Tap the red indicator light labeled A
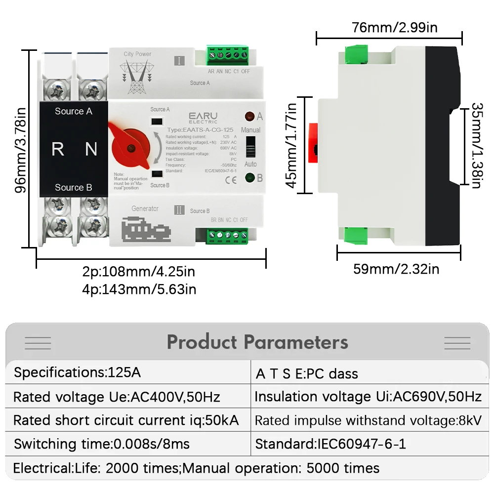(249, 117)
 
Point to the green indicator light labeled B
(249, 178)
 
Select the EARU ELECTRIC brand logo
(203, 117)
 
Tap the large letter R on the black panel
(58, 149)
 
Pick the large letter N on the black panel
(91, 149)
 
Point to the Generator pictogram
(146, 230)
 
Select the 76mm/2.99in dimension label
(395, 27)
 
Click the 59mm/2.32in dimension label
(396, 269)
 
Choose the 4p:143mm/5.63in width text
(139, 289)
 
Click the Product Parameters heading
(257, 342)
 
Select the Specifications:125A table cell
(78, 372)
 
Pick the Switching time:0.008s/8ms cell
(102, 444)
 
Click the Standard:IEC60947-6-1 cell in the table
(330, 444)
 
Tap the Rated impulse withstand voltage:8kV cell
(368, 420)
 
